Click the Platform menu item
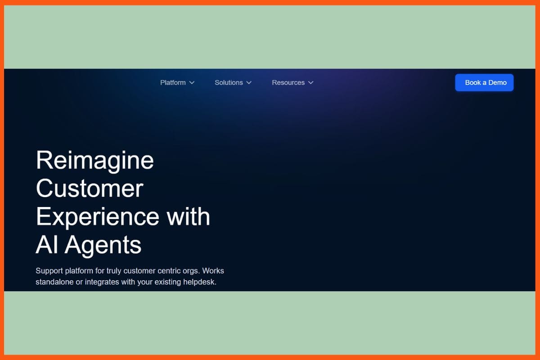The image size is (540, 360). click(173, 83)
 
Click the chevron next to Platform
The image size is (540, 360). click(192, 83)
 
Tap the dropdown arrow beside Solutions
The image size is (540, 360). click(249, 83)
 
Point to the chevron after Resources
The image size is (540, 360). click(311, 83)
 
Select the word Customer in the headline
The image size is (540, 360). click(90, 188)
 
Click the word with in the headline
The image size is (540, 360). click(188, 216)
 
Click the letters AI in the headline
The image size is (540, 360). click(47, 244)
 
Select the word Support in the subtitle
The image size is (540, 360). click(49, 271)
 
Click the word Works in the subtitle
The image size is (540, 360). click(213, 271)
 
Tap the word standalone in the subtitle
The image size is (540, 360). click(54, 282)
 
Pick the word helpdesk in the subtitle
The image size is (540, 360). click(200, 282)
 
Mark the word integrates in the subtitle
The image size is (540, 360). click(102, 282)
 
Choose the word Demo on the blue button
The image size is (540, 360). click(498, 83)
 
